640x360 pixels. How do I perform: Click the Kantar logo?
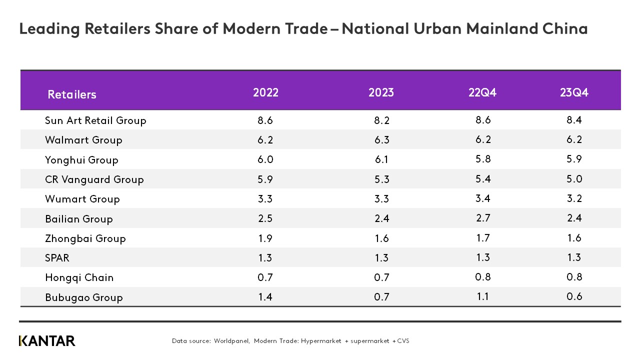pyautogui.click(x=47, y=341)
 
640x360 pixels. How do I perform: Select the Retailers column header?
pyautogui.click(x=72, y=94)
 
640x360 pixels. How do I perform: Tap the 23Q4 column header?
pyautogui.click(x=574, y=93)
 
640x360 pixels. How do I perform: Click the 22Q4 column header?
pyautogui.click(x=482, y=93)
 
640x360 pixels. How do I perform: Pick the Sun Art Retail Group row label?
pyautogui.click(x=95, y=120)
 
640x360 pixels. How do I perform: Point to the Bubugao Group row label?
pyautogui.click(x=83, y=297)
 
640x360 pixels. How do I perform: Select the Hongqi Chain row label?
pyautogui.click(x=79, y=277)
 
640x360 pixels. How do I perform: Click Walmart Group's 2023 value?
pyautogui.click(x=381, y=140)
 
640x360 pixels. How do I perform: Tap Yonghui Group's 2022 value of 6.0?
pyautogui.click(x=265, y=159)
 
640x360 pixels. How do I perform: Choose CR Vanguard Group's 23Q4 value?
pyautogui.click(x=574, y=179)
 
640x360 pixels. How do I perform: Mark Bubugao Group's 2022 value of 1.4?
pyautogui.click(x=265, y=297)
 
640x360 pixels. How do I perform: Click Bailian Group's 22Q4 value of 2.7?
pyautogui.click(x=482, y=218)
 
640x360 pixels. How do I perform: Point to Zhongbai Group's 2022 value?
pyautogui.click(x=265, y=238)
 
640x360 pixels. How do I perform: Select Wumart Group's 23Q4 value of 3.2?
pyautogui.click(x=574, y=199)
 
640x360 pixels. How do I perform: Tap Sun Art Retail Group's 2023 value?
pyautogui.click(x=381, y=120)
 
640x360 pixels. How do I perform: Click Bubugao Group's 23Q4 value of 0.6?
pyautogui.click(x=574, y=297)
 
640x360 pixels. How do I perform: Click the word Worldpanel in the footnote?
pyautogui.click(x=231, y=341)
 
